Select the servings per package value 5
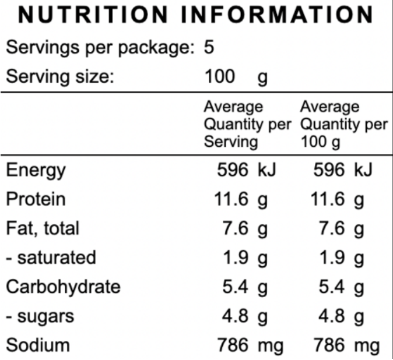[209, 47]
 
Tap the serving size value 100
[220, 76]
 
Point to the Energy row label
[36, 171]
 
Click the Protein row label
[35, 199]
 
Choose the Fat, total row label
[42, 228]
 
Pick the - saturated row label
[51, 257]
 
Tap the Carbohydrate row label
[63, 287]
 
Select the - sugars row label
[40, 316]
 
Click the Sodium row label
[37, 345]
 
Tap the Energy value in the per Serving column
[245, 171]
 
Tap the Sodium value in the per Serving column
[250, 345]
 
